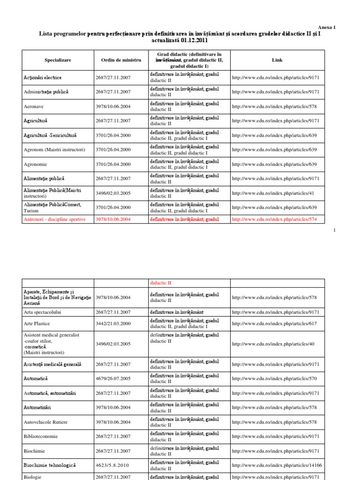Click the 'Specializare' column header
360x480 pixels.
[x=58, y=60]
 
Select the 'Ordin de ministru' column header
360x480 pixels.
[x=121, y=60]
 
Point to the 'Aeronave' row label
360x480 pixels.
[x=35, y=106]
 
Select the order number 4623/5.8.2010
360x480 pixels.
[x=113, y=465]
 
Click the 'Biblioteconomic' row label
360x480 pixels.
[x=41, y=436]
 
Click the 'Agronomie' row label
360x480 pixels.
[x=36, y=165]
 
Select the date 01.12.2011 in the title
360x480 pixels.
[x=191, y=41]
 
